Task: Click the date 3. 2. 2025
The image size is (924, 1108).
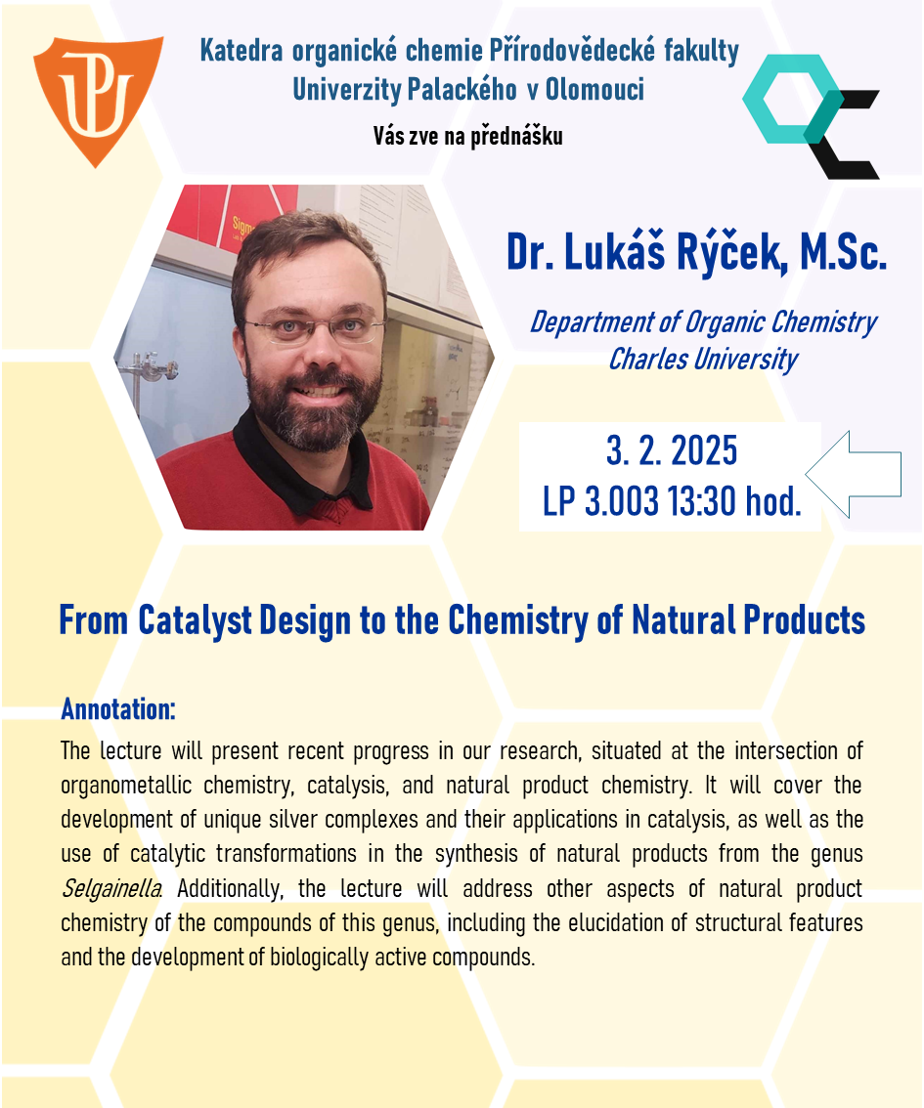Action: pyautogui.click(x=672, y=450)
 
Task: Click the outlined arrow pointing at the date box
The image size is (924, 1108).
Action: pyautogui.click(x=854, y=474)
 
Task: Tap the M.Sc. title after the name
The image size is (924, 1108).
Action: pyautogui.click(x=843, y=252)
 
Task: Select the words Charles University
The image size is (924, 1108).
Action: pyautogui.click(x=703, y=359)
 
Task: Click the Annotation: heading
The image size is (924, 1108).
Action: pyautogui.click(x=118, y=708)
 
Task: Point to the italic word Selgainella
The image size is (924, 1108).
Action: pyautogui.click(x=110, y=888)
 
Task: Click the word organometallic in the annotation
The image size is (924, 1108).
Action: pyautogui.click(x=126, y=785)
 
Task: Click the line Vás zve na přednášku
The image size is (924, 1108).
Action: pyautogui.click(x=468, y=136)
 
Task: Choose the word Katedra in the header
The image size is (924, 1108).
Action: pyautogui.click(x=242, y=51)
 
